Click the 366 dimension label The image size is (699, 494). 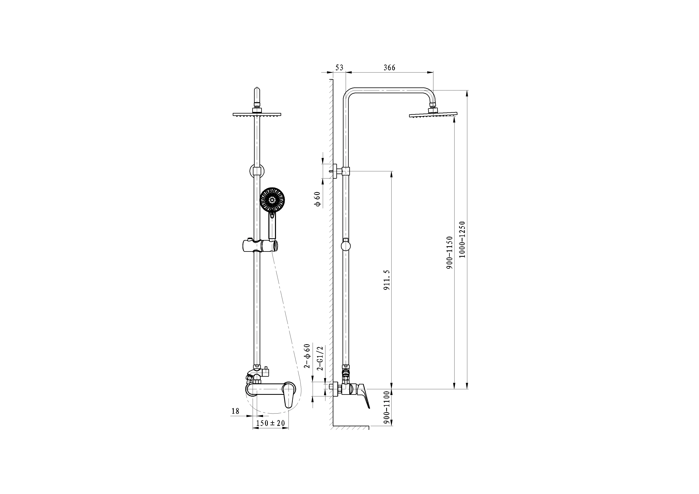tap(389, 68)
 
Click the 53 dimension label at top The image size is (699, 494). tap(339, 68)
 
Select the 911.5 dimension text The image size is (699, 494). tap(386, 279)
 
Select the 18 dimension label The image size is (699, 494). tap(235, 411)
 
